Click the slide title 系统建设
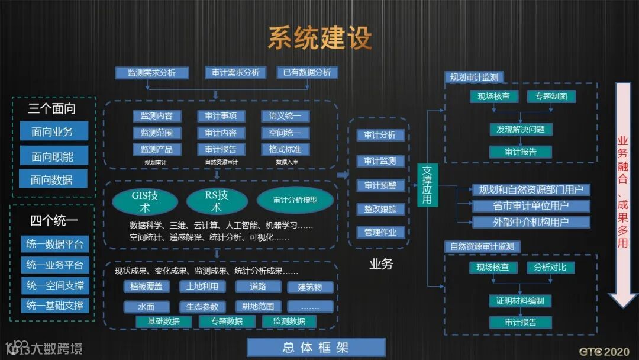point(319,37)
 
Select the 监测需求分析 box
point(151,73)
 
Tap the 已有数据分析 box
point(307,72)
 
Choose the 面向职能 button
point(53,156)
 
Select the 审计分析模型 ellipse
point(295,200)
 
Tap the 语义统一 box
point(285,116)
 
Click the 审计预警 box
point(380,185)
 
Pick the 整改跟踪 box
point(380,208)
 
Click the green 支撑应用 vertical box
point(428,185)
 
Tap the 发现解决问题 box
point(521,129)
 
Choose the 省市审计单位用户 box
point(531,206)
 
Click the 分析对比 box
point(550,267)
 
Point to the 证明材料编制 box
point(520,300)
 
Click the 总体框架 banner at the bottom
point(316,348)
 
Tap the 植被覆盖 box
point(146,287)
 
